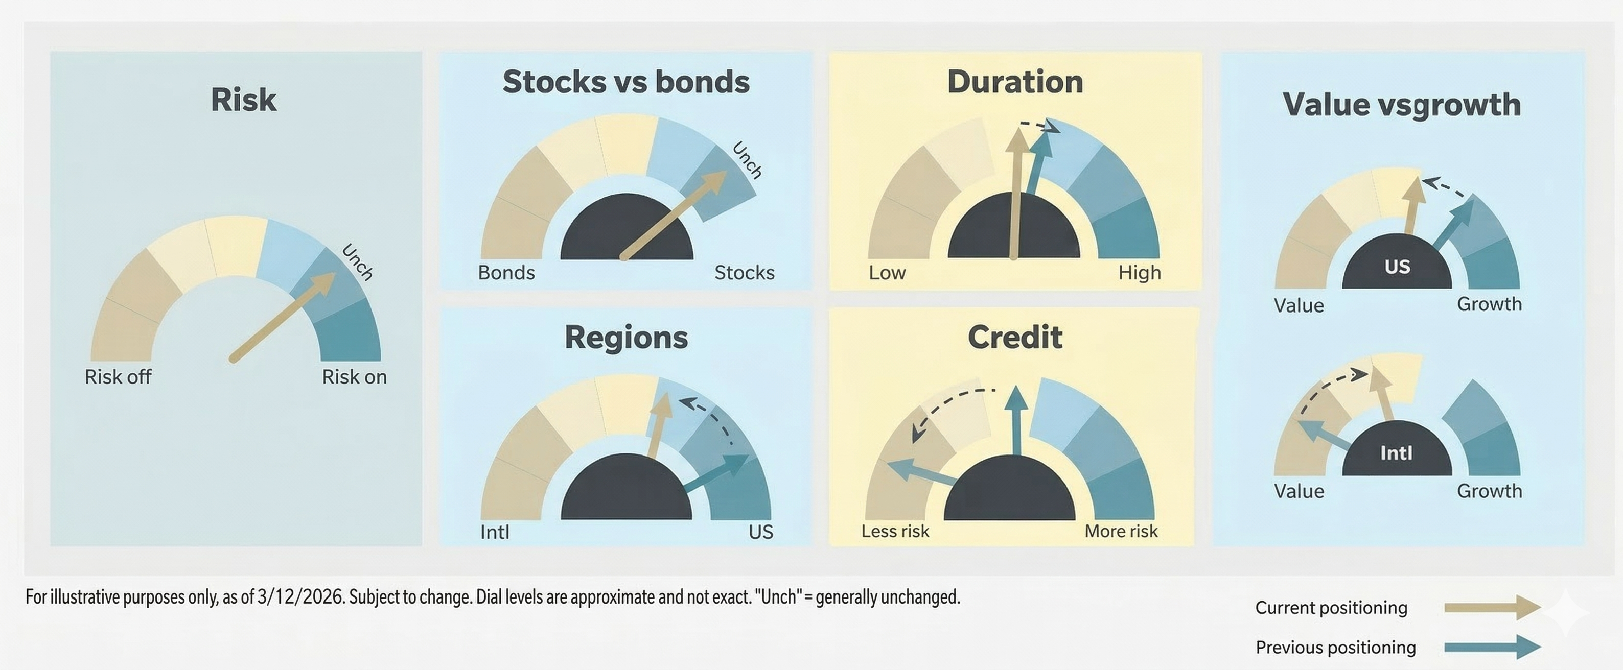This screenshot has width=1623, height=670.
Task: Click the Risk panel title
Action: pyautogui.click(x=243, y=100)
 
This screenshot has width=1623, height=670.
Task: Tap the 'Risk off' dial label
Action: pyautogui.click(x=118, y=376)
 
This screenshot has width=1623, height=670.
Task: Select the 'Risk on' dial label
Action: pyautogui.click(x=354, y=376)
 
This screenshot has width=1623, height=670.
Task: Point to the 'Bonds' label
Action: pyautogui.click(x=506, y=273)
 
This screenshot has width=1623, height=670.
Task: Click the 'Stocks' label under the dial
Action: pyautogui.click(x=744, y=273)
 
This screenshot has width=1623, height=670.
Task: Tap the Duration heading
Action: pyautogui.click(x=1015, y=82)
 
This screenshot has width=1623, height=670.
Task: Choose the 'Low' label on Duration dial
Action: pyautogui.click(x=887, y=273)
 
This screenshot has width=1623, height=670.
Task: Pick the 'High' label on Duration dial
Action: pyautogui.click(x=1139, y=273)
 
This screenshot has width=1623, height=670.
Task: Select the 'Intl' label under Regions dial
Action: pyautogui.click(x=495, y=532)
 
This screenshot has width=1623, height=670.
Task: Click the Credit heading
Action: pyautogui.click(x=1015, y=337)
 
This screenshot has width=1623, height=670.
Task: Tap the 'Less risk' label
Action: pyautogui.click(x=895, y=531)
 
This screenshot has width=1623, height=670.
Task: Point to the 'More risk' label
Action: pyautogui.click(x=1121, y=531)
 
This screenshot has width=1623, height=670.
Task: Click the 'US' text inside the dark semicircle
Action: pyautogui.click(x=1397, y=267)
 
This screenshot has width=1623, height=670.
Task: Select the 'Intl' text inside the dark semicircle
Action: pyautogui.click(x=1396, y=453)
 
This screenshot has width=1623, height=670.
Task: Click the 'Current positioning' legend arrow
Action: pyautogui.click(x=1493, y=607)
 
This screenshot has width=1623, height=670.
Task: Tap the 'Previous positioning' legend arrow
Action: pyautogui.click(x=1493, y=647)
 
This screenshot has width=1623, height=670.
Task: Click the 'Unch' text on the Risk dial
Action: pyautogui.click(x=357, y=261)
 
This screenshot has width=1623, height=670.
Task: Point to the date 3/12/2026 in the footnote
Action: pyautogui.click(x=301, y=596)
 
